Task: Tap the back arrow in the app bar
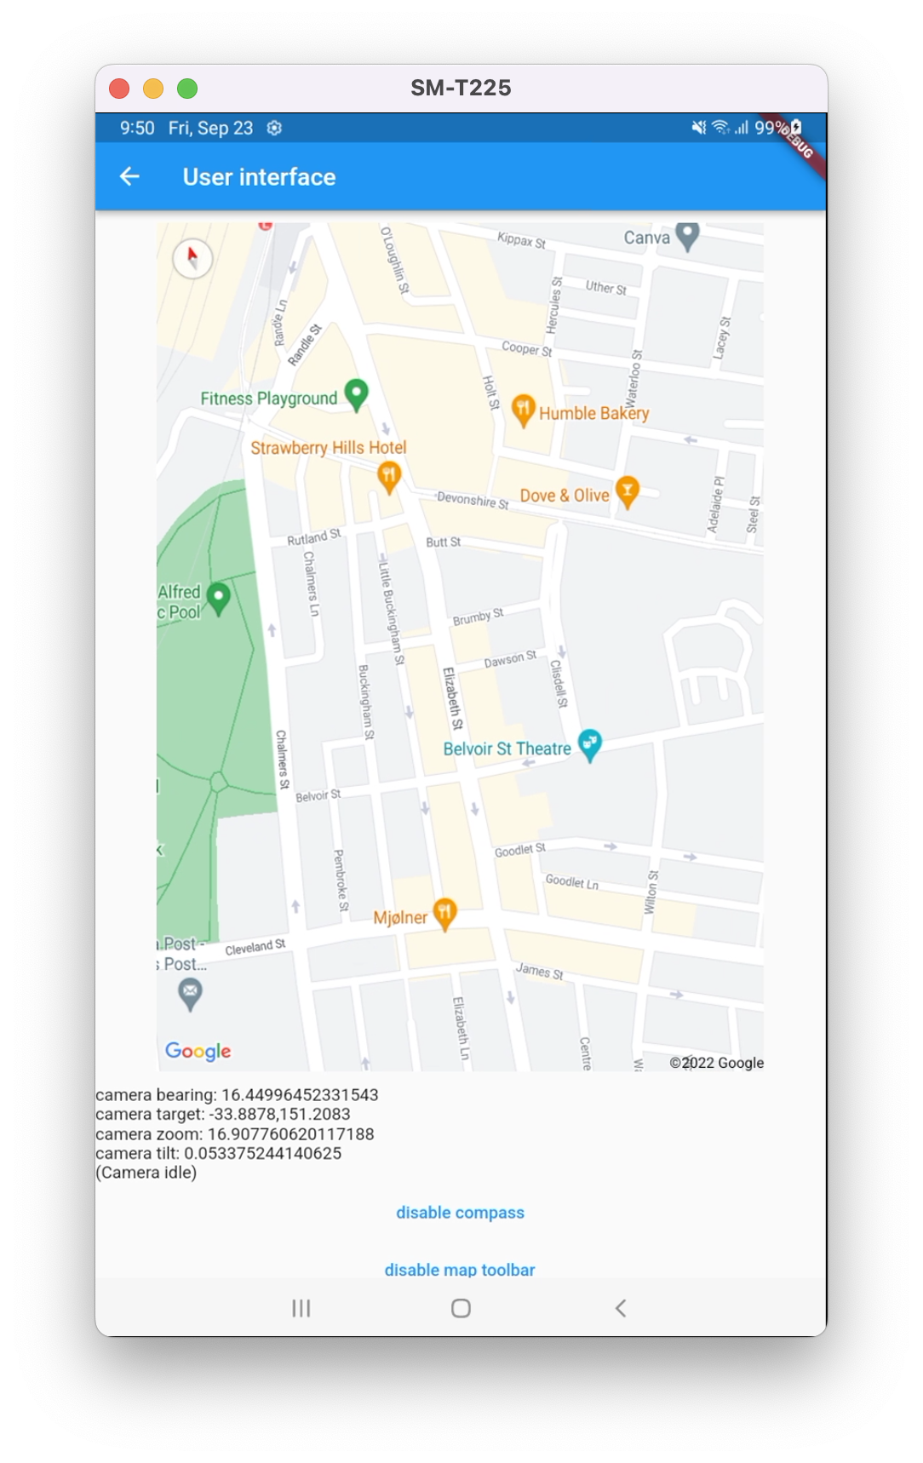pos(129,176)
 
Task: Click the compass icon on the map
pos(192,257)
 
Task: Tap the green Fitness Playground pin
pos(356,394)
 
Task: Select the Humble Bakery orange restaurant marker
pos(523,410)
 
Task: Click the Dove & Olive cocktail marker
pos(628,491)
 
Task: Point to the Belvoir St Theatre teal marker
pos(590,745)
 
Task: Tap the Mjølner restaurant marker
pos(444,914)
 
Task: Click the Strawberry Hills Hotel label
pos(329,448)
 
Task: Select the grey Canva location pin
pos(687,236)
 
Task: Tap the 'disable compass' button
pos(460,1213)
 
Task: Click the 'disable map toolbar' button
pos(460,1269)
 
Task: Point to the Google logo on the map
pos(198,1052)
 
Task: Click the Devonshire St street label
pos(473,500)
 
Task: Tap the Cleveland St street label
pos(255,948)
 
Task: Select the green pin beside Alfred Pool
pos(219,598)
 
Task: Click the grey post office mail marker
pos(190,993)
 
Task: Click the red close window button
pos(119,89)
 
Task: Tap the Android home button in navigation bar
pos(461,1308)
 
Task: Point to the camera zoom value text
pos(235,1134)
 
